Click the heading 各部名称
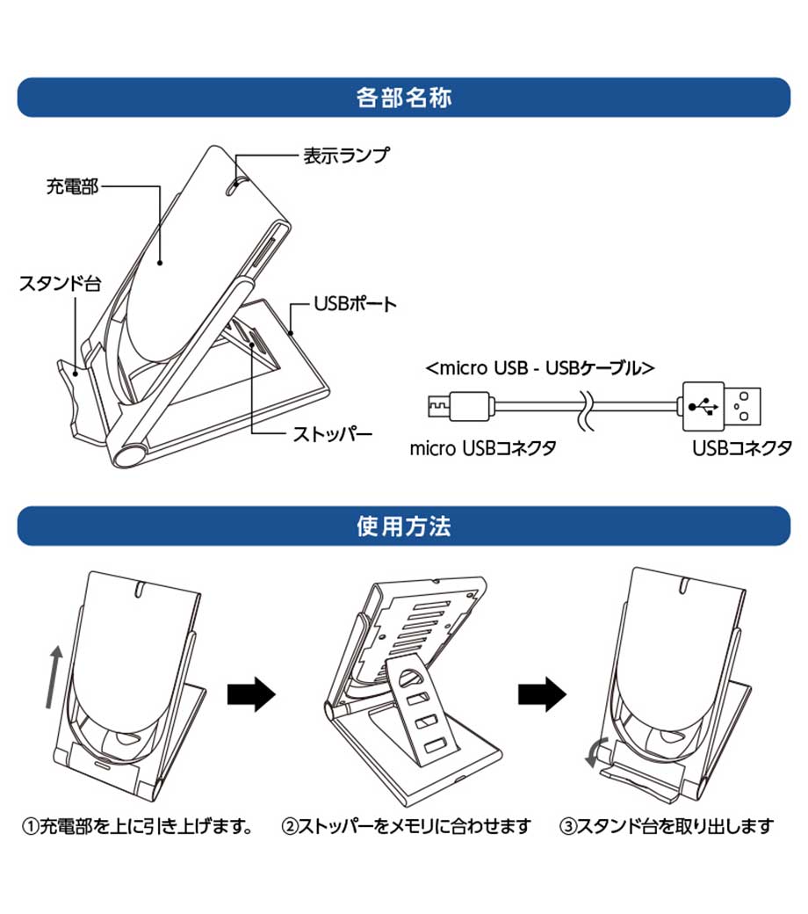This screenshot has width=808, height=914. [x=404, y=97]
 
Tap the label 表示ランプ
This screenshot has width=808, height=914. [x=345, y=156]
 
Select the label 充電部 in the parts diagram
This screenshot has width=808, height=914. [x=72, y=186]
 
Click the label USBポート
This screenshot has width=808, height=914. [x=355, y=305]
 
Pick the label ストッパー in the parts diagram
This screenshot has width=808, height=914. [x=332, y=433]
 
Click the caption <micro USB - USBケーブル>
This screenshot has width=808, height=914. [x=539, y=367]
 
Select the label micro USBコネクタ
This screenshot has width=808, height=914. [x=483, y=448]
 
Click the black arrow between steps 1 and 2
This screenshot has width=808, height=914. [x=251, y=694]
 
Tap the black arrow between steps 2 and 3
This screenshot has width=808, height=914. [x=541, y=694]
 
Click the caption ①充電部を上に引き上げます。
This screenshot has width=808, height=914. [x=138, y=826]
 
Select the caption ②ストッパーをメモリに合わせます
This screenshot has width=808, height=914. [x=406, y=826]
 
